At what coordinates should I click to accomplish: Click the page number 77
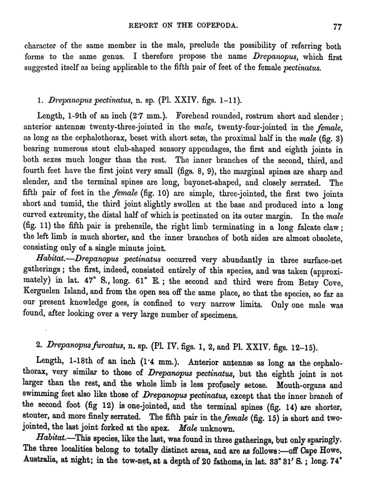pyautogui.click(x=336, y=26)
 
